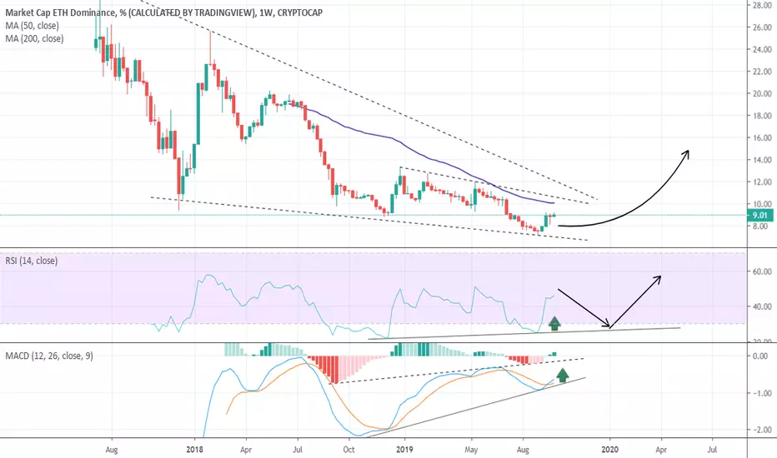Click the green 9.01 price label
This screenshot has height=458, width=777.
[760, 216]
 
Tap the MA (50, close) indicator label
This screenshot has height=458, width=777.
[33, 25]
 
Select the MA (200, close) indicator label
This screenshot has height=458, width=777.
[34, 38]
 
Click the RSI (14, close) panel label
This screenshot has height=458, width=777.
[31, 261]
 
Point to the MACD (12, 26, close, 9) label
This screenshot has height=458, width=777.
[49, 356]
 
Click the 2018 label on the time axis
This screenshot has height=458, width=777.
[195, 450]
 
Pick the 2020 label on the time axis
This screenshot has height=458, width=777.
[610, 450]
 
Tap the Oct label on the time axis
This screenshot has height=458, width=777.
[348, 450]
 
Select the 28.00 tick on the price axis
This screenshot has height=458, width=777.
[762, 6]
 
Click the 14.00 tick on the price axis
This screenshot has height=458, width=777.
[762, 160]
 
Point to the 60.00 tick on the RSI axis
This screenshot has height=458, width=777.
[762, 271]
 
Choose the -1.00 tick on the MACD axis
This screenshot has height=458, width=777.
[761, 393]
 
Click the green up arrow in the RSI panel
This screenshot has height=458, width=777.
[554, 323]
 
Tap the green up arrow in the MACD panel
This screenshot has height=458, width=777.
[562, 376]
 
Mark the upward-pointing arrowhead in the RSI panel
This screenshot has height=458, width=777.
[657, 280]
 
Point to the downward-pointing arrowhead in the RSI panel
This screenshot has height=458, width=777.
[606, 324]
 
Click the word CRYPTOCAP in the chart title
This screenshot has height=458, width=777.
[300, 12]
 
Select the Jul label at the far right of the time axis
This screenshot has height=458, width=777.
[712, 450]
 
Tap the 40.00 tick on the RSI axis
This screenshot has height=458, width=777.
[762, 306]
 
